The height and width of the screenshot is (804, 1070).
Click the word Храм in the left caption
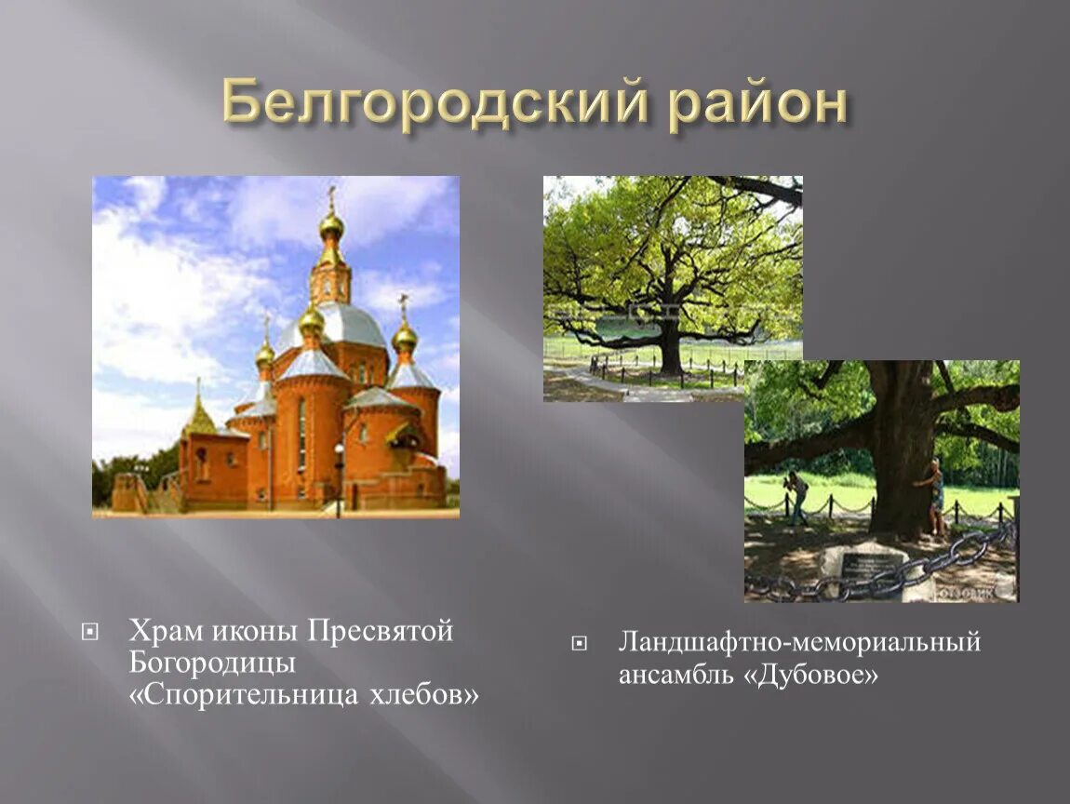[x=164, y=632]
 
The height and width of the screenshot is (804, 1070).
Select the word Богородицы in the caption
[x=212, y=663]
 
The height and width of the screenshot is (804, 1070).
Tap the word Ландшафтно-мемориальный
[x=799, y=642]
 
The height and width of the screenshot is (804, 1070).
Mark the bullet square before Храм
[x=90, y=633]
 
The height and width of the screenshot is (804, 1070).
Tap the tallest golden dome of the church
[x=331, y=225]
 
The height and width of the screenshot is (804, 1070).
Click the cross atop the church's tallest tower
[x=331, y=196]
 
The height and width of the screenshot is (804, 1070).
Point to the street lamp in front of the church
[x=339, y=475]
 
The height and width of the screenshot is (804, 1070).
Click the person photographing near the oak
[x=796, y=494]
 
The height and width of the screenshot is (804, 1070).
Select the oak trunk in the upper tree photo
[x=670, y=349]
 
